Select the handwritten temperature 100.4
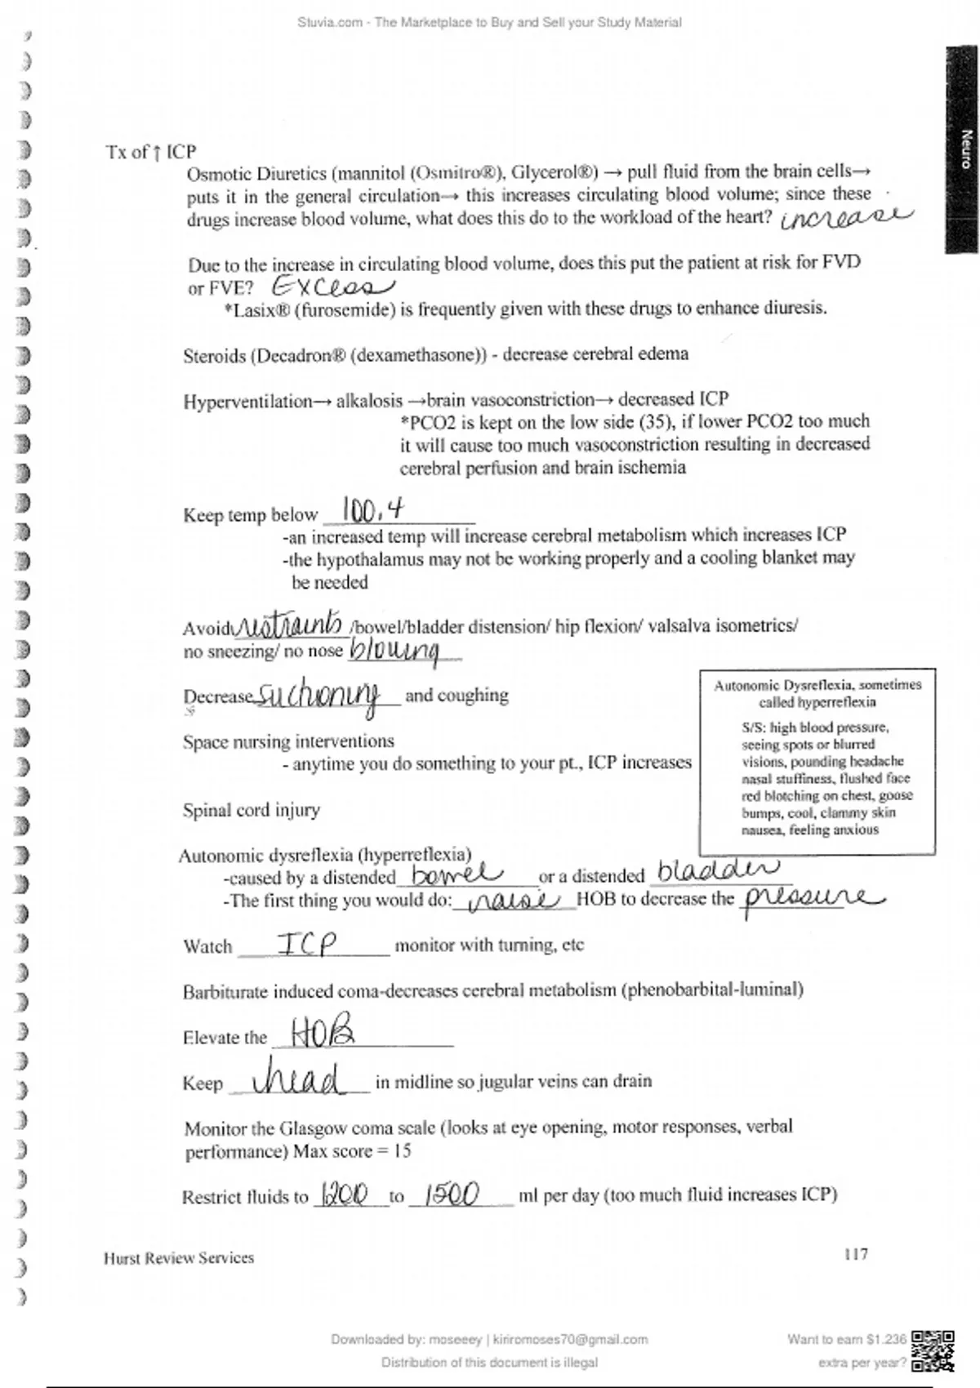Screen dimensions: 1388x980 pos(372,511)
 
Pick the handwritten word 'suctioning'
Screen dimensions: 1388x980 pos(318,696)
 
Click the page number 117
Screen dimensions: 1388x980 pos(855,1253)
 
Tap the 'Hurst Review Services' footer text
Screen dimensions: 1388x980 pos(178,1258)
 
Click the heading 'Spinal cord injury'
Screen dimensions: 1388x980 pos(251,810)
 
